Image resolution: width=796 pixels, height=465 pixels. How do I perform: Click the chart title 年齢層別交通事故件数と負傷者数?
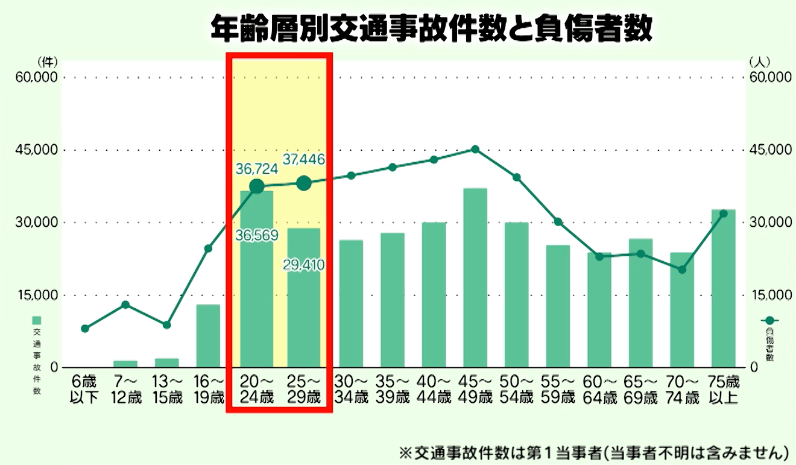431,28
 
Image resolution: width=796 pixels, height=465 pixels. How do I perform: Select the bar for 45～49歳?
475,277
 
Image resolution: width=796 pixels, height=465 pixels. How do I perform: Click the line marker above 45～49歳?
475,149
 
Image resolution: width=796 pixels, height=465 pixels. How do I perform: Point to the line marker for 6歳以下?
85,329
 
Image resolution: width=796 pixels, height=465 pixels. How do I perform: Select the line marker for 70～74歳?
682,270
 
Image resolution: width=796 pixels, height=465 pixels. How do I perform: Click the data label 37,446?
304,160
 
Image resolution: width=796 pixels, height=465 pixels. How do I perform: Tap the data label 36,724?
257,169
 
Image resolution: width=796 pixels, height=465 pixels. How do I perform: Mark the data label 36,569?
257,235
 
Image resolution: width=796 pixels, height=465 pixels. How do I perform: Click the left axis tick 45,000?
37,150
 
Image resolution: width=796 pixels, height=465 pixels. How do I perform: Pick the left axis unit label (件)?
46,62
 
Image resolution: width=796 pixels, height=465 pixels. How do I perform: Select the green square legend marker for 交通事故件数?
37,320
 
